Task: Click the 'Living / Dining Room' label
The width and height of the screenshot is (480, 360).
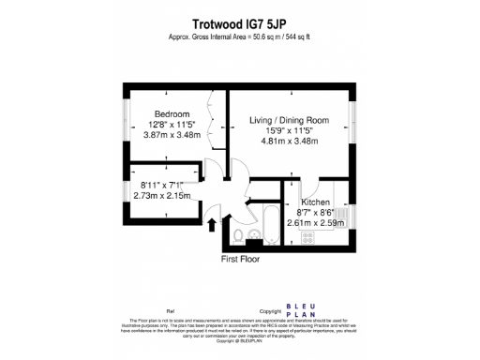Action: point(290,120)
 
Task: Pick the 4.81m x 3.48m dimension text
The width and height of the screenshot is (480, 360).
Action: point(290,142)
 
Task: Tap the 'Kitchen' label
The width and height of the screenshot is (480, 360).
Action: point(316,202)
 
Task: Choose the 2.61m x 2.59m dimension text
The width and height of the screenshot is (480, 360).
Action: point(318,224)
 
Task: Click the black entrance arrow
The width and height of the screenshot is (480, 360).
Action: point(211,225)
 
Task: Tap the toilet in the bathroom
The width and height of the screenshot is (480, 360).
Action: point(241,233)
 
